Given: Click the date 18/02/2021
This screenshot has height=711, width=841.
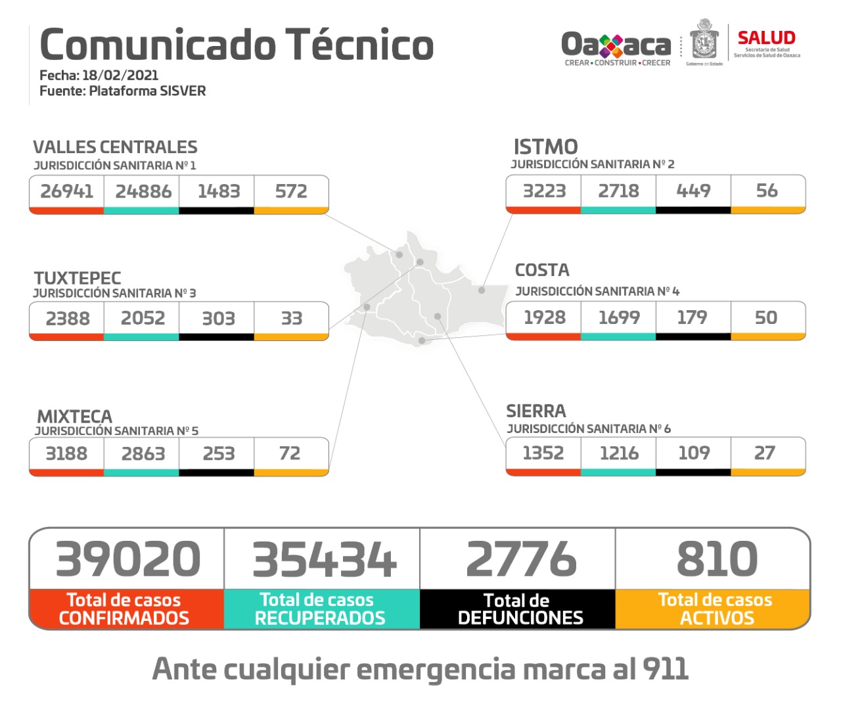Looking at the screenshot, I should coord(120,75).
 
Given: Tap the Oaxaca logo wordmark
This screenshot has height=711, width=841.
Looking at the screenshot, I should coord(616,45).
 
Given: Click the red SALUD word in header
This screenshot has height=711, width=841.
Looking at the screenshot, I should coord(766,38).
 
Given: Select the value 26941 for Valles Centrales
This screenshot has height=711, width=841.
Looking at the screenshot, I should coord(67,191).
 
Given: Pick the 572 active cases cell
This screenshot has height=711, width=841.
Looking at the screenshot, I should coord(291,191).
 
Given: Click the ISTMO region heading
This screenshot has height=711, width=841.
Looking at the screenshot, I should coord(545,147).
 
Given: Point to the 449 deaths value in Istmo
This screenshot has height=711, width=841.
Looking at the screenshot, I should coord(693,191).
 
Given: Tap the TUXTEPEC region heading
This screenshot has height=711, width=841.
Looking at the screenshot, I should coord(78,278).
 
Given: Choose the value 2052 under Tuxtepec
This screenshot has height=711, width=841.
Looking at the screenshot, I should coord(143,318).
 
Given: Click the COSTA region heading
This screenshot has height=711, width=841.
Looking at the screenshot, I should coord(542,270).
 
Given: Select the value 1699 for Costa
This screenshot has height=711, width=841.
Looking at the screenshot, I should coord(619,317).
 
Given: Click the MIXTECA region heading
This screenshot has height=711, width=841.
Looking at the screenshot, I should coord(75,417).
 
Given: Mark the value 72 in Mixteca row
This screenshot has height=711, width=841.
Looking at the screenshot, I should coord(290,453).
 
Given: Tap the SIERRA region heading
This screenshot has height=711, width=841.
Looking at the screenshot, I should coord(535,411).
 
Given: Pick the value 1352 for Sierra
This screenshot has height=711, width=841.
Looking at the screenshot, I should coord(543,453).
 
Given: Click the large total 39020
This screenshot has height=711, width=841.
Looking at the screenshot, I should coord(128,559).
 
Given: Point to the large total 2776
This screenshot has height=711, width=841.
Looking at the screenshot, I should coord(521,559).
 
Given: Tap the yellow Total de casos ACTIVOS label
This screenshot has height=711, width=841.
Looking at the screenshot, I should coord(716,609).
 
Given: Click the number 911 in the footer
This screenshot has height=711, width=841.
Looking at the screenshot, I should coord(666,670).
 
